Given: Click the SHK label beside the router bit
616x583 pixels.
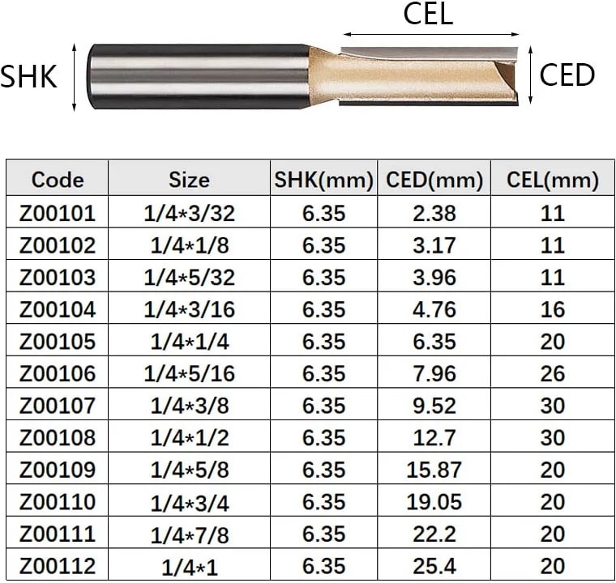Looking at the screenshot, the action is (28, 76).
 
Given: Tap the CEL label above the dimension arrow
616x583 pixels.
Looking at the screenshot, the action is (428, 14).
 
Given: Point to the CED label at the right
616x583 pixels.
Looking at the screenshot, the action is (567, 75).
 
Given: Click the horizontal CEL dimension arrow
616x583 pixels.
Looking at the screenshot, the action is (431, 35).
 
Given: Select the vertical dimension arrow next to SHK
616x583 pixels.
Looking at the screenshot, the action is (75, 78).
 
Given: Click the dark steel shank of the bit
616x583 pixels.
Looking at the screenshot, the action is (199, 76).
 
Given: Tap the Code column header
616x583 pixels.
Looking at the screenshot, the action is (58, 180).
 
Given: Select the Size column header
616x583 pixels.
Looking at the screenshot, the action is (189, 181).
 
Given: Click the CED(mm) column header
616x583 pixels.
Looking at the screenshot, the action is (434, 181).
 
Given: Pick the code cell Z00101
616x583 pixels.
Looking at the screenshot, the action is (58, 213).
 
